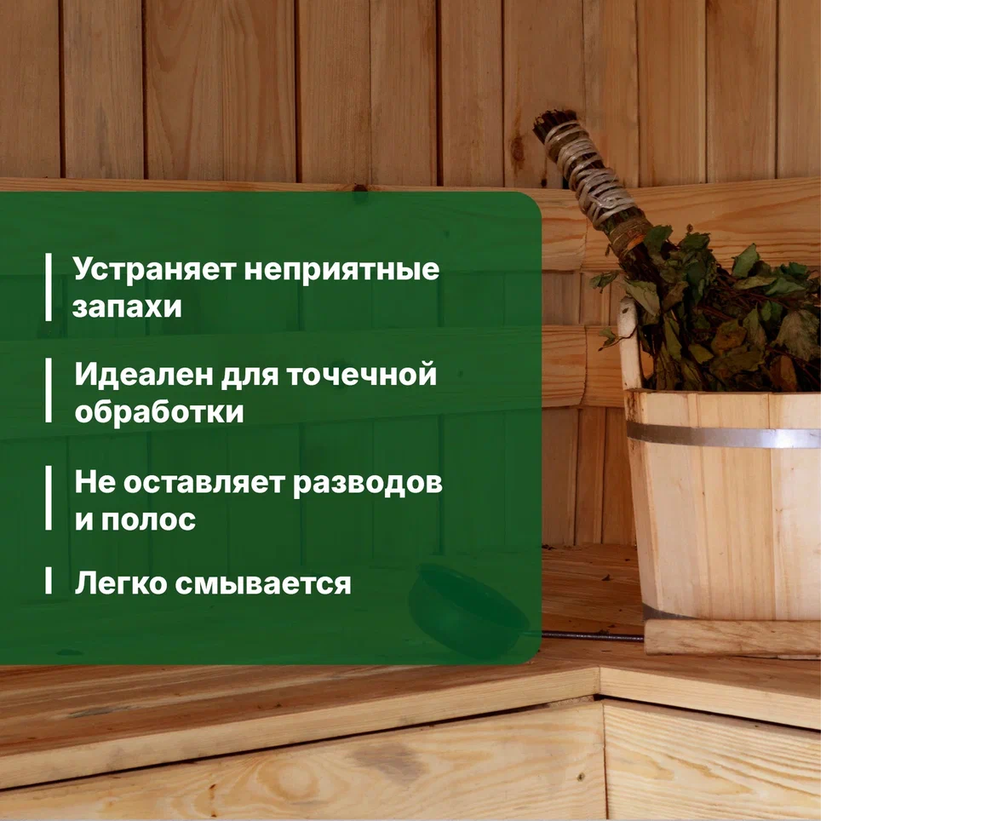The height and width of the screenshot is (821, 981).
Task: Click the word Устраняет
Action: [154, 270]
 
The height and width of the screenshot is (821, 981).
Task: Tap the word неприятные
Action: [341, 271]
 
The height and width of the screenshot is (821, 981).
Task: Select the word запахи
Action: [127, 307]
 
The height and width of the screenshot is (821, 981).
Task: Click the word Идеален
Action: [144, 374]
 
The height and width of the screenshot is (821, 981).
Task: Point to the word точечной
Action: [362, 375]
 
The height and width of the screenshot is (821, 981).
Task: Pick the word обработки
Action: [159, 411]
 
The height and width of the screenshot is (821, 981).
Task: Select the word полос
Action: [148, 520]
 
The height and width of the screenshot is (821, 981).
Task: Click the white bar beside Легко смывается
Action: [49, 581]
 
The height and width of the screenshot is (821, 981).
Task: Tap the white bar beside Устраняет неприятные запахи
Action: [49, 287]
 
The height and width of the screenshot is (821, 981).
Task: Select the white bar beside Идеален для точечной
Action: [49, 390]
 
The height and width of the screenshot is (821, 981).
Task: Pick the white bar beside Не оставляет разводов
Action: [49, 498]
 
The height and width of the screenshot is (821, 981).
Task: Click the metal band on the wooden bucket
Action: [723, 434]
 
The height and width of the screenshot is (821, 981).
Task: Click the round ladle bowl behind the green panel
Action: [466, 610]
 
